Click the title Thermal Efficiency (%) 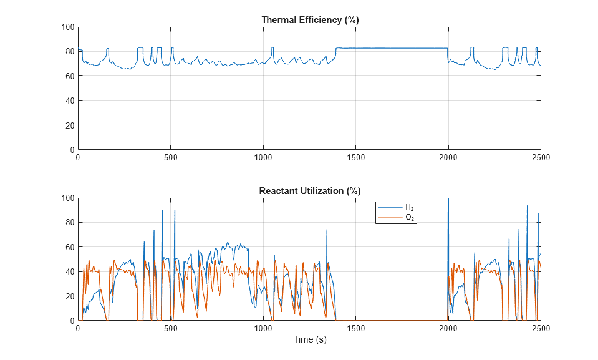pos(310,20)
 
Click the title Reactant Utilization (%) pos(310,191)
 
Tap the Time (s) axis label pos(310,340)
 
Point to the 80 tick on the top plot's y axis pos(70,52)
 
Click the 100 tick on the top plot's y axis pos(68,27)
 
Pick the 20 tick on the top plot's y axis pos(70,125)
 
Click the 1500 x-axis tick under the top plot pos(355,158)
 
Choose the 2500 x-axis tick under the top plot pos(541,158)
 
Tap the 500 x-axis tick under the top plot pos(171,158)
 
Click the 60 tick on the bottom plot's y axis pos(70,248)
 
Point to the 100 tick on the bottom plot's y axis pos(68,198)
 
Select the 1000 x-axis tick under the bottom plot pos(263,329)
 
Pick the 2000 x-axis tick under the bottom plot pos(448,329)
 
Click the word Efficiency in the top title pos(318,20)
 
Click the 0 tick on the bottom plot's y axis pos(72,321)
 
